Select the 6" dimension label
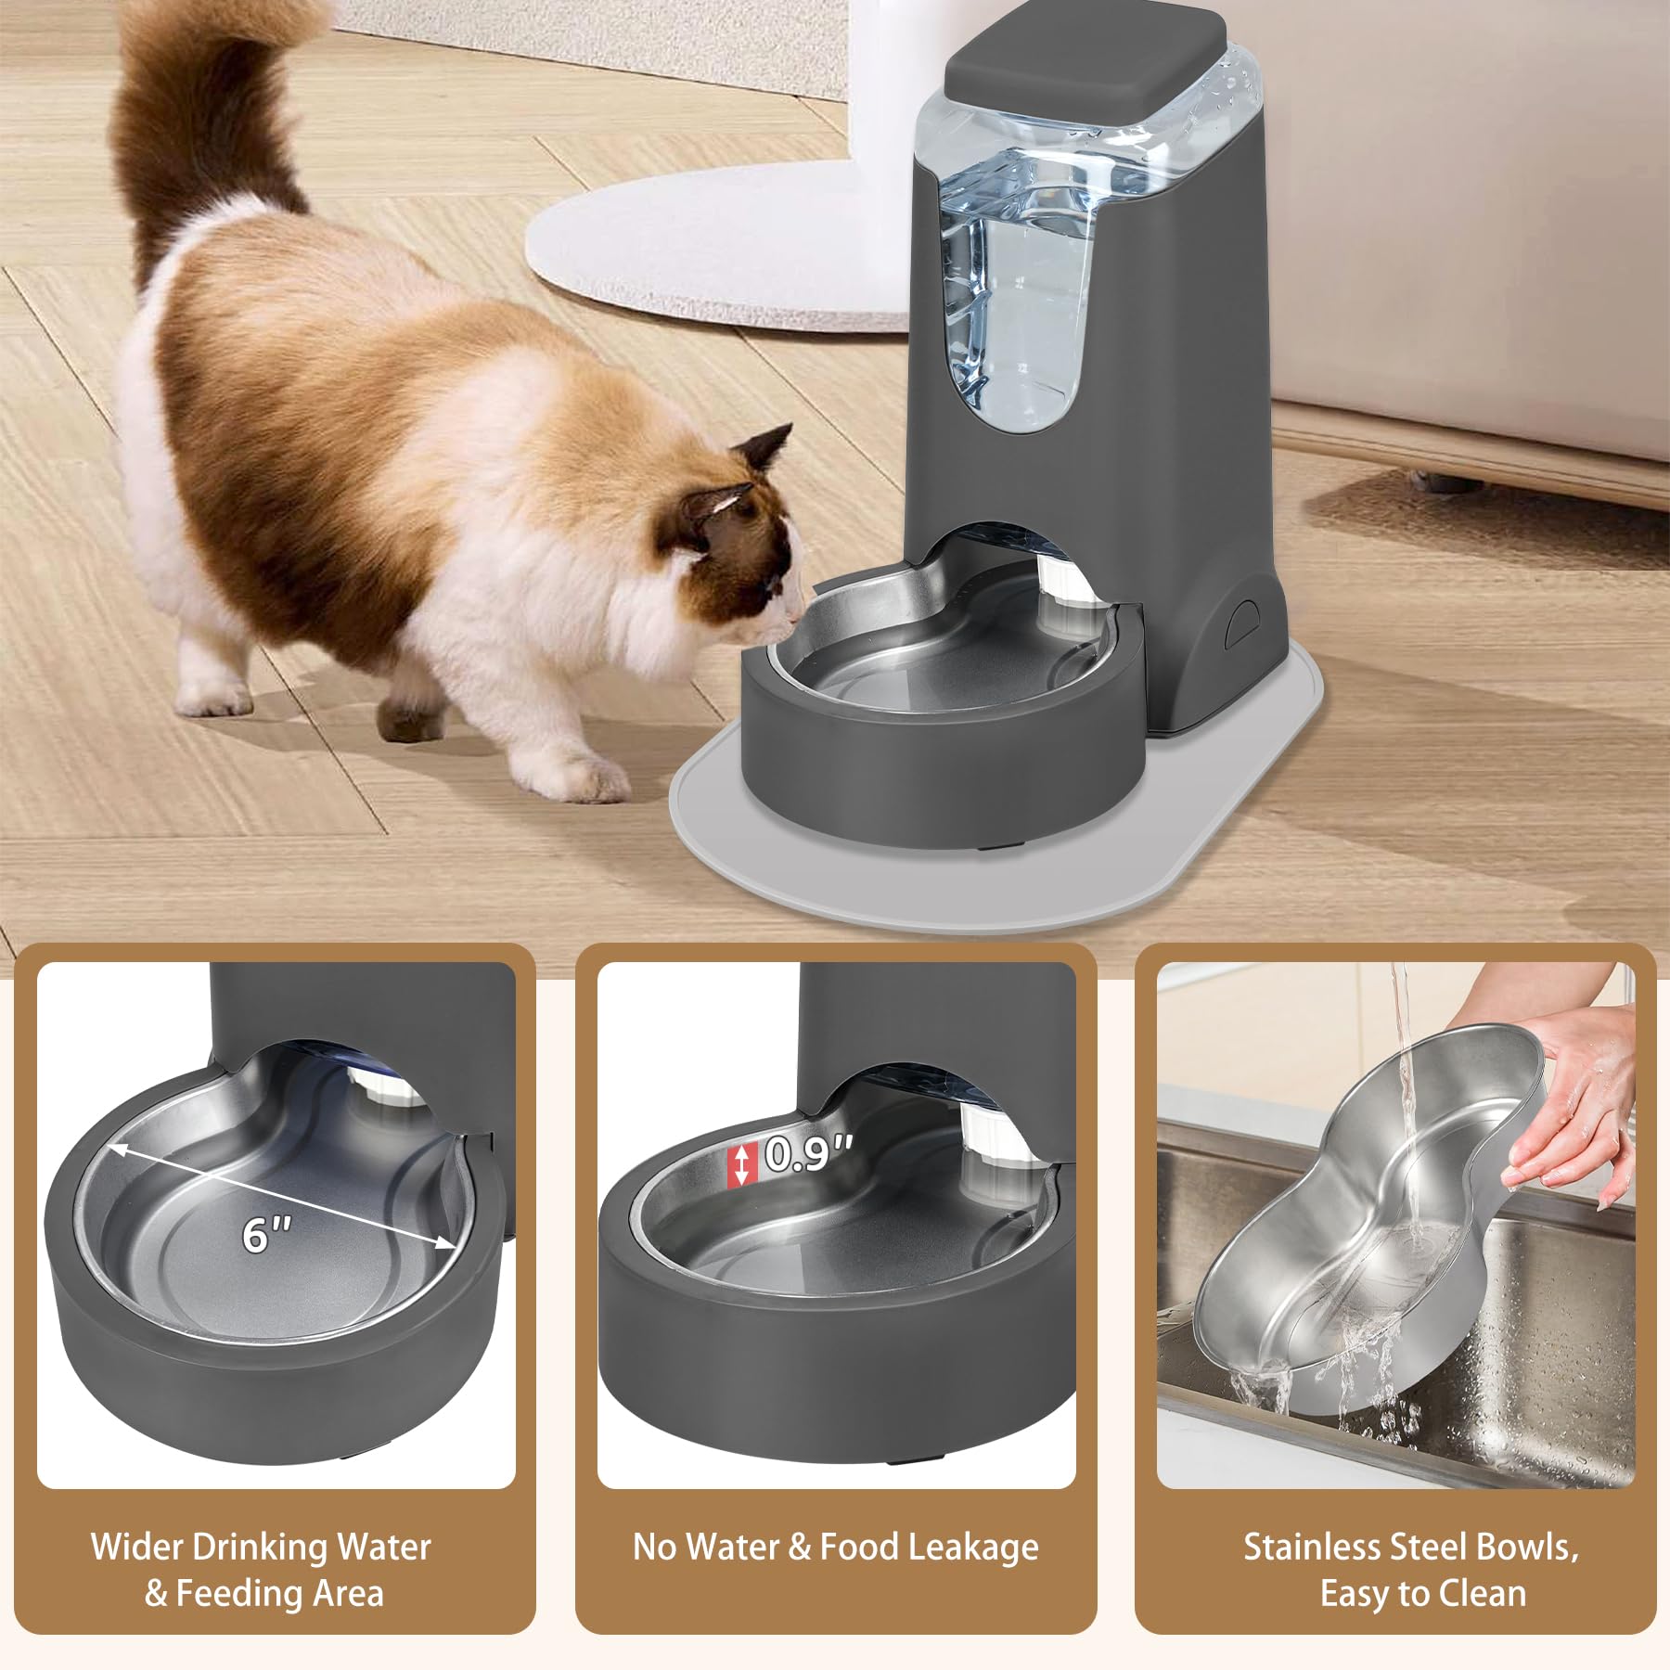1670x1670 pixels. [x=266, y=1235]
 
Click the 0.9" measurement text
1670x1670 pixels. [x=807, y=1154]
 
